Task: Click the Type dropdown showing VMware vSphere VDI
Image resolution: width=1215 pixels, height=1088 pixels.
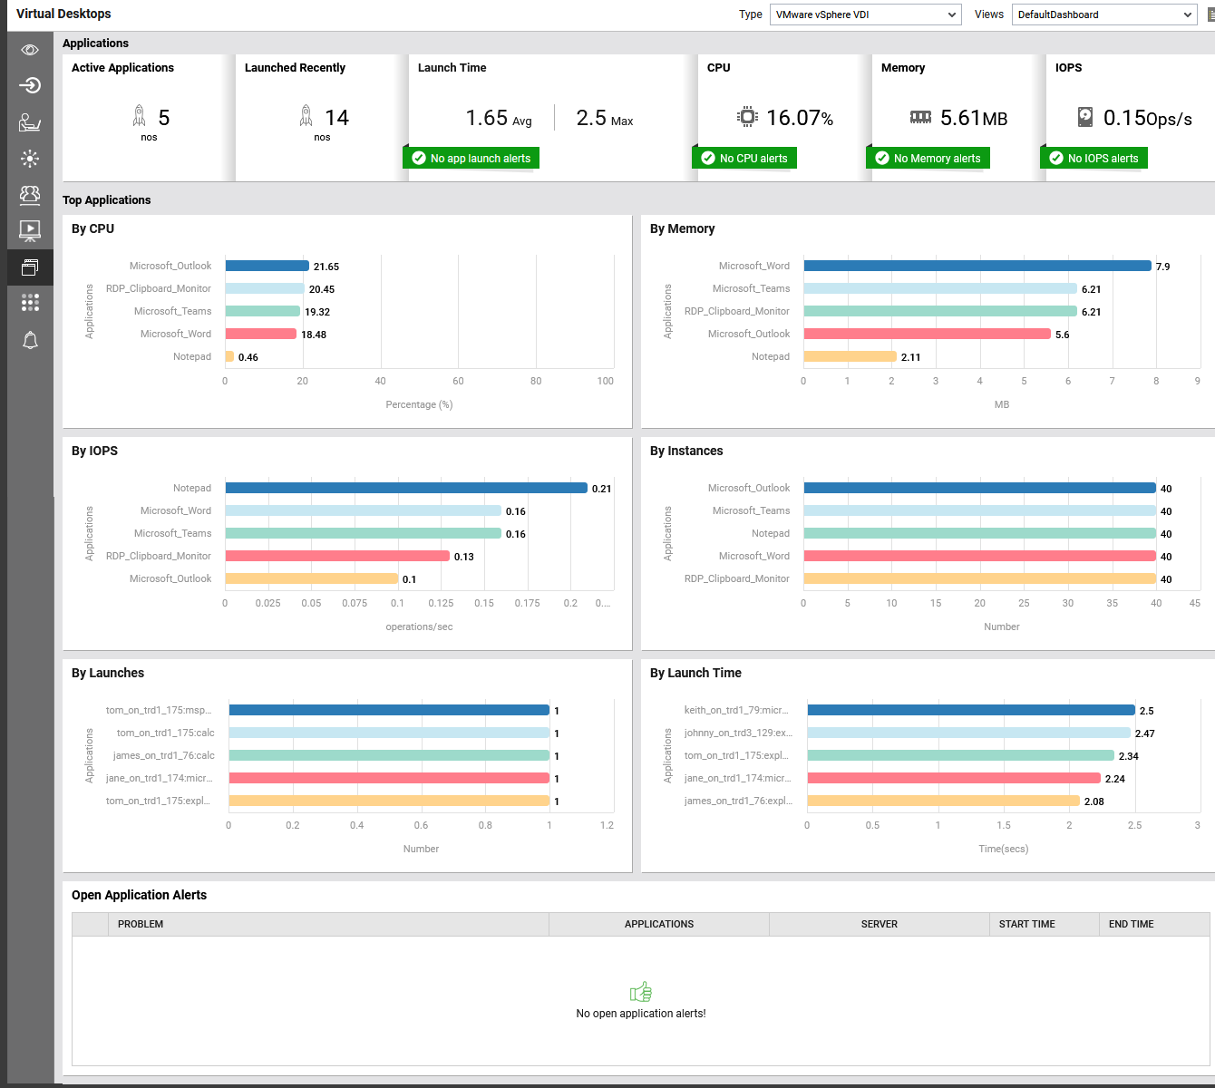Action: [865, 15]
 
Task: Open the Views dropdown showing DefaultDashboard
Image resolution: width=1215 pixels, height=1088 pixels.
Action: [1103, 15]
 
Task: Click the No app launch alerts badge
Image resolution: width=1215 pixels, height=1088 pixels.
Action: [471, 158]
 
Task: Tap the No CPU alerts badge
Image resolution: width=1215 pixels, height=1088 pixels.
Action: [744, 158]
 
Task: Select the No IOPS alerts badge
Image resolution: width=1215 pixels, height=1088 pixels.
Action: [1093, 158]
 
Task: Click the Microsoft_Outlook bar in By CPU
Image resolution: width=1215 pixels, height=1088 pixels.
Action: [267, 266]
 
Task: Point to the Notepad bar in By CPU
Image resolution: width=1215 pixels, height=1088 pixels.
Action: [229, 356]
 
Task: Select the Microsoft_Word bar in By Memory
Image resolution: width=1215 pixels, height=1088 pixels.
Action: [977, 266]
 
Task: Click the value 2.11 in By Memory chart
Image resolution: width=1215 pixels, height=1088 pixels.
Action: [910, 357]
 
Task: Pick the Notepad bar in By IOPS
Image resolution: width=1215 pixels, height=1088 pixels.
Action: [406, 488]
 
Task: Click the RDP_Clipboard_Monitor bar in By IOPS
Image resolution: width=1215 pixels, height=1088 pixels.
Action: [337, 556]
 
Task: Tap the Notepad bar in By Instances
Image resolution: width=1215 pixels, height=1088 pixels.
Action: [979, 533]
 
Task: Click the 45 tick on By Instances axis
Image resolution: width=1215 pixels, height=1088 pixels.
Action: [1194, 603]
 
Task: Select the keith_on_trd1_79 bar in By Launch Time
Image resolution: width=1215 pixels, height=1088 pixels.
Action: [970, 710]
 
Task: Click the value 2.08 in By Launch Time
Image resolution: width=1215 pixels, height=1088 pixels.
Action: [1093, 801]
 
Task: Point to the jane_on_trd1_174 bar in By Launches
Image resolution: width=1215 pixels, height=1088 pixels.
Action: [389, 778]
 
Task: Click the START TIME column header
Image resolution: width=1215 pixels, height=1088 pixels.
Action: [1027, 924]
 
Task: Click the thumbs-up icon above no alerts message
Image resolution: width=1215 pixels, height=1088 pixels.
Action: [641, 992]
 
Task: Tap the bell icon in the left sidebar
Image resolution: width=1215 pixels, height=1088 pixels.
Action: [30, 340]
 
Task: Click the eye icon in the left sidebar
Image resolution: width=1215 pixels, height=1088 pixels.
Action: [30, 50]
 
